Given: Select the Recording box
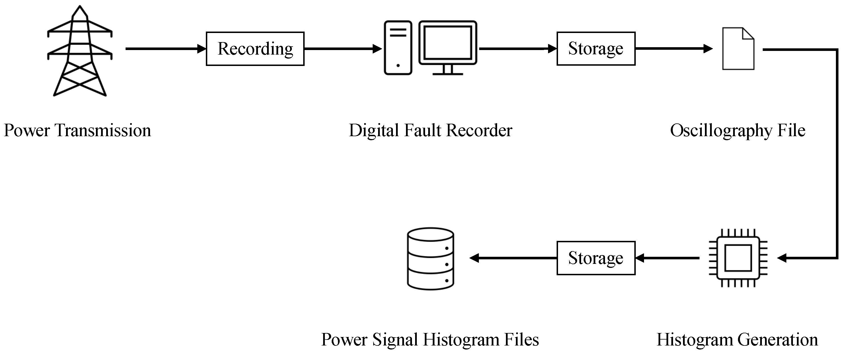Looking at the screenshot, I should pyautogui.click(x=255, y=49).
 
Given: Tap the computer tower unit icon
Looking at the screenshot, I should pyautogui.click(x=398, y=48).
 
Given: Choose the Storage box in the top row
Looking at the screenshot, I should pyautogui.click(x=596, y=49).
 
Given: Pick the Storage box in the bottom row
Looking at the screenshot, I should pyautogui.click(x=596, y=258).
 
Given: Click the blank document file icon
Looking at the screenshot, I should pyautogui.click(x=738, y=49).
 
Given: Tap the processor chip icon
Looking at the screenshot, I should pyautogui.click(x=738, y=258).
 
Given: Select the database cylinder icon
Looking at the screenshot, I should pyautogui.click(x=430, y=259).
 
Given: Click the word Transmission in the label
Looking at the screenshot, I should pyautogui.click(x=103, y=131).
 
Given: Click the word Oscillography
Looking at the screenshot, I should pyautogui.click(x=721, y=131).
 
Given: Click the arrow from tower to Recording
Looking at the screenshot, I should pyautogui.click(x=164, y=49).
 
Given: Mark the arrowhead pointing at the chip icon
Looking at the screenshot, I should pyautogui.click(x=782, y=258).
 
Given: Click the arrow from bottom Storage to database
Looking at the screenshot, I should pyautogui.click(x=513, y=258).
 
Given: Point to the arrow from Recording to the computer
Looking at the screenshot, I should pyautogui.click(x=342, y=49).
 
